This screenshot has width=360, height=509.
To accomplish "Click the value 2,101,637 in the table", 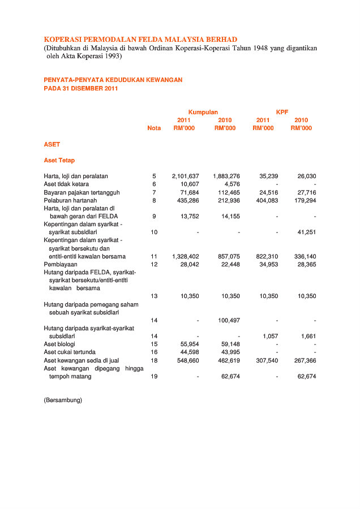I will [x=186, y=176].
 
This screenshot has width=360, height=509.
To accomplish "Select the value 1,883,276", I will [x=226, y=176].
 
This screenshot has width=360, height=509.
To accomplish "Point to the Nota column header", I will [x=154, y=128].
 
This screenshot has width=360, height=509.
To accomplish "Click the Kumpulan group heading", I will [x=203, y=112].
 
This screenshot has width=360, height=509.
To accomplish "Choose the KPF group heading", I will [x=282, y=112].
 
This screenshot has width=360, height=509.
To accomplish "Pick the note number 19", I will [x=154, y=376].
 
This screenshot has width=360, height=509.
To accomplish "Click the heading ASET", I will [x=52, y=144].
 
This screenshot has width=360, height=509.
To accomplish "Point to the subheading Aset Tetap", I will [x=59, y=160].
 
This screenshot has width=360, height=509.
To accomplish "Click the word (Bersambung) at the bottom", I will [x=63, y=400].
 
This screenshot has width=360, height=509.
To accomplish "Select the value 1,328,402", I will [x=186, y=256].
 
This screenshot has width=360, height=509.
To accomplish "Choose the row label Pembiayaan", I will [x=61, y=264].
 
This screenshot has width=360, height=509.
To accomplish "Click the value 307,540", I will [x=265, y=360].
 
